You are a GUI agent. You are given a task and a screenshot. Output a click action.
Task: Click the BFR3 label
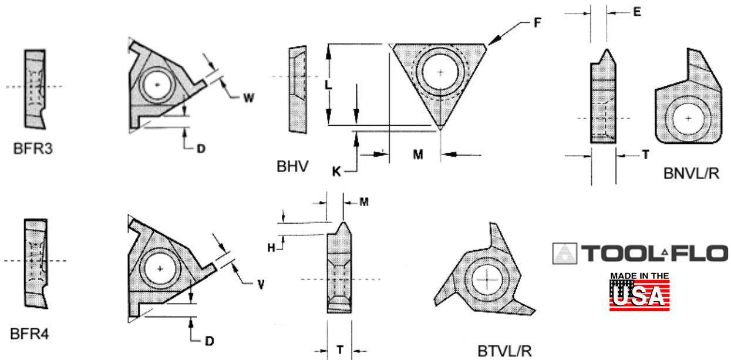click(33, 149)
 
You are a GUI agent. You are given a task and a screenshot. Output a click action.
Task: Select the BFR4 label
click(30, 335)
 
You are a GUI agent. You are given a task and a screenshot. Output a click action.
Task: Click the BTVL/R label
click(505, 351)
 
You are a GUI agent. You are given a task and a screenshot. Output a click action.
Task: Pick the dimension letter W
click(248, 98)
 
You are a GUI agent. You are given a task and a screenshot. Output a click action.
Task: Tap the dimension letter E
click(636, 11)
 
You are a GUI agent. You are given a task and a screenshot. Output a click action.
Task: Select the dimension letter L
click(329, 85)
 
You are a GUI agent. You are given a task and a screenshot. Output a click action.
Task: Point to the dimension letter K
click(336, 171)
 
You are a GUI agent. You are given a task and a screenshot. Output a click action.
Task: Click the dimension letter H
click(271, 248)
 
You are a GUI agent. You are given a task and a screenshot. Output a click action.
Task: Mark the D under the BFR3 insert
click(201, 149)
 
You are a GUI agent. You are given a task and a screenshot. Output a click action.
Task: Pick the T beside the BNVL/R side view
click(645, 154)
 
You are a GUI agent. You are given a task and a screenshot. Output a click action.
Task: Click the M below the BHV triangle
click(417, 154)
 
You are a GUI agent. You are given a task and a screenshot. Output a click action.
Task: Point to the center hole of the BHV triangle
click(440, 72)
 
